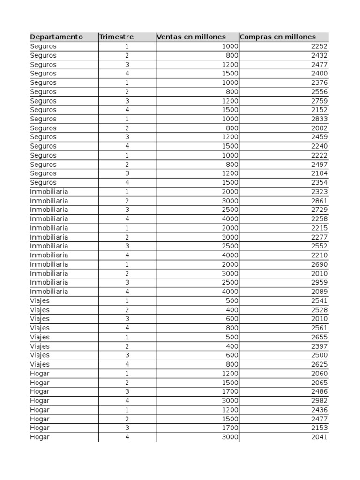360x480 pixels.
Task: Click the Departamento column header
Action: click(56, 37)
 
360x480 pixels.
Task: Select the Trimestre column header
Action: click(116, 37)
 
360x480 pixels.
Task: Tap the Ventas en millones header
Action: click(191, 37)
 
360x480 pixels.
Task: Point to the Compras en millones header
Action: click(278, 37)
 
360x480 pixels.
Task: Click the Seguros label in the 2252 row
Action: click(43, 46)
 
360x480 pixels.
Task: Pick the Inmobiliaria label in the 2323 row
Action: click(49, 192)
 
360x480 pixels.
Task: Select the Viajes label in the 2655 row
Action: click(40, 337)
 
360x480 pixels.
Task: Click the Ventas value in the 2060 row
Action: click(230, 374)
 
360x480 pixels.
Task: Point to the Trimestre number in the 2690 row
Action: click(127, 264)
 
